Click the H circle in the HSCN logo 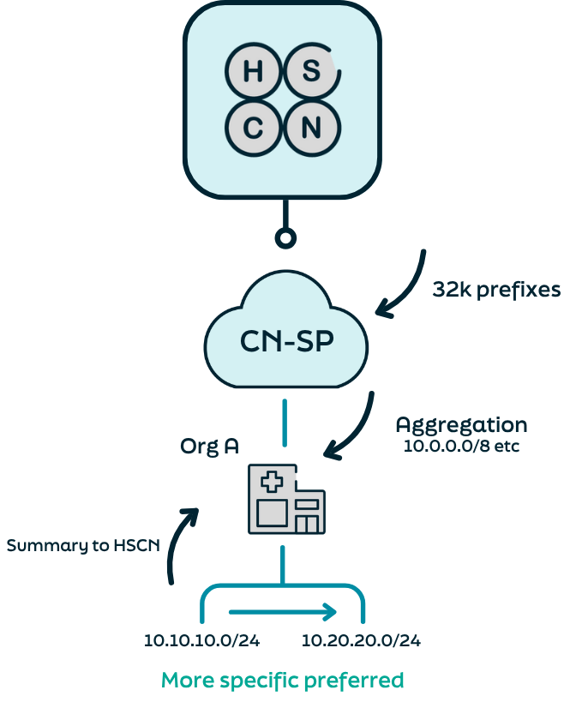click(254, 72)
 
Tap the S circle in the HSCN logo click(311, 72)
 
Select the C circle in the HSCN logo click(254, 129)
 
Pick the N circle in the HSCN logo click(311, 129)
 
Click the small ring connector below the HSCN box click(285, 238)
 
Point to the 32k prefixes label click(496, 290)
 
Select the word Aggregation click(461, 424)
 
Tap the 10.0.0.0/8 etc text click(461, 446)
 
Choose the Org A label click(209, 446)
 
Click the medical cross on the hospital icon click(272, 482)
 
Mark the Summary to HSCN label click(82, 545)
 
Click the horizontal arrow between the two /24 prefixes click(283, 612)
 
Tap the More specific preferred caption click(283, 681)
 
